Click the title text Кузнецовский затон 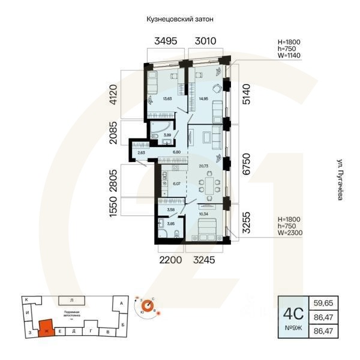pos(180,19)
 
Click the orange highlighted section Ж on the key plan pos(45,328)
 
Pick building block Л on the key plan pos(71,299)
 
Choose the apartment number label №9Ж pos(292,331)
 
